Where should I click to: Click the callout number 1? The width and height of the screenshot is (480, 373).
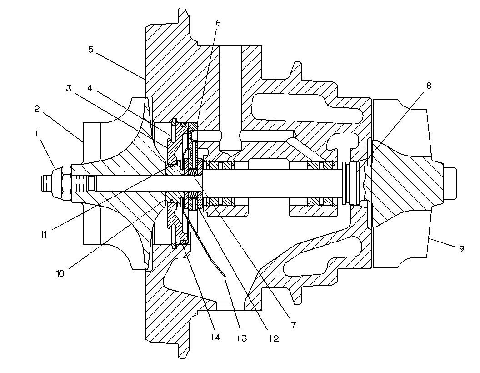[36, 134]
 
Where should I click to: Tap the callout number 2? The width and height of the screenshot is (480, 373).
[37, 109]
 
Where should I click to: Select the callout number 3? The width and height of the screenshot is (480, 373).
[69, 88]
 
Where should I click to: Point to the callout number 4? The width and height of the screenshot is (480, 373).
[90, 88]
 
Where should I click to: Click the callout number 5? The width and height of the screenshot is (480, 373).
[91, 49]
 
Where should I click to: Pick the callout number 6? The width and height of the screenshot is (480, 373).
[218, 23]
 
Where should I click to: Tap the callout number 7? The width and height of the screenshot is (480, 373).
[293, 325]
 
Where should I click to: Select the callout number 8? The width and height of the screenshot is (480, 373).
[429, 86]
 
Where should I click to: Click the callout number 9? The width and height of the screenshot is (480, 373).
[462, 249]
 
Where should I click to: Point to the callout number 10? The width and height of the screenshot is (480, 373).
[60, 273]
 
